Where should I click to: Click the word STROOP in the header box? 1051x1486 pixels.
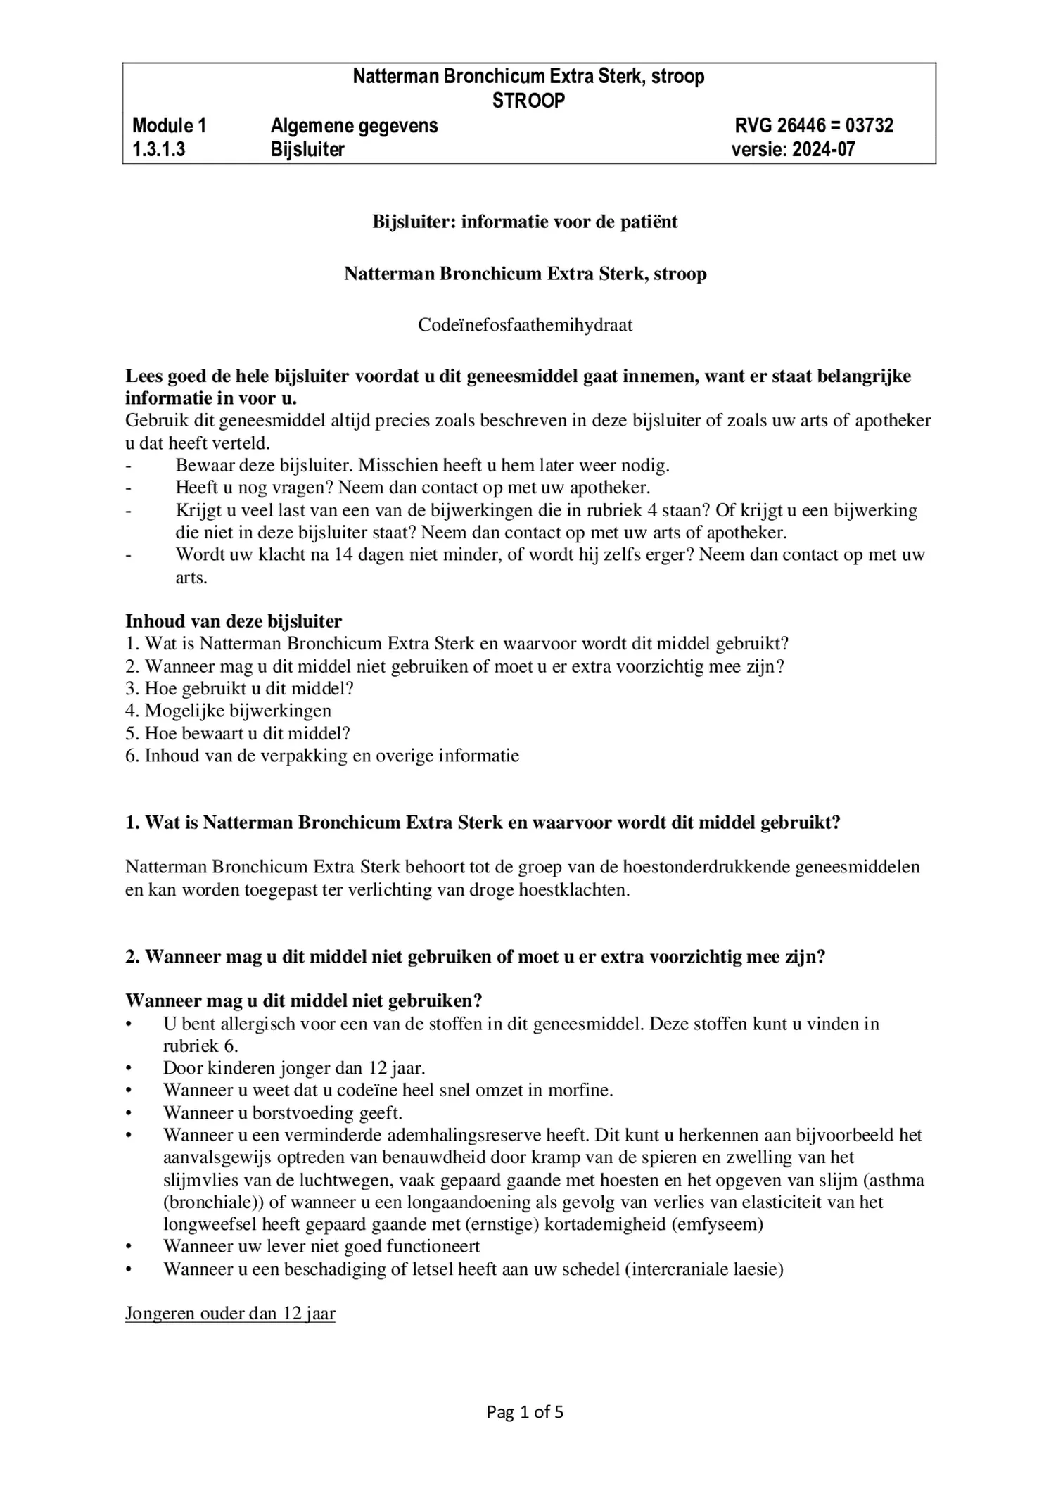click(x=528, y=101)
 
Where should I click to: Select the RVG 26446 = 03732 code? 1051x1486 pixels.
click(x=814, y=126)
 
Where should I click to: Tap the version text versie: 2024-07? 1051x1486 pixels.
click(x=793, y=150)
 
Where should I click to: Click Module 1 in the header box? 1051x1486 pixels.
click(x=170, y=126)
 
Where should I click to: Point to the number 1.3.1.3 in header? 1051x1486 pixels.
click(x=159, y=150)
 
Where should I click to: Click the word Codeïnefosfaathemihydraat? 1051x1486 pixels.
click(x=525, y=325)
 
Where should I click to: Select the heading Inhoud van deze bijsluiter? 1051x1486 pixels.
click(x=234, y=621)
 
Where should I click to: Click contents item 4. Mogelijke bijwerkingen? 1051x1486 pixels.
click(x=228, y=711)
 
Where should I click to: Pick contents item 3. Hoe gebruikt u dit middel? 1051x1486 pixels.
click(x=239, y=688)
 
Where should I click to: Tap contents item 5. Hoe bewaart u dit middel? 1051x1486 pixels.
click(x=238, y=733)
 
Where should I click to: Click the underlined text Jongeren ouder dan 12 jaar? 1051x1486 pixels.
click(x=230, y=1314)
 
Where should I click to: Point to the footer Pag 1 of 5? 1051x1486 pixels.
click(x=525, y=1412)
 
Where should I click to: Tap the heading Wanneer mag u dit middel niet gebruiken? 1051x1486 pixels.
click(x=303, y=1001)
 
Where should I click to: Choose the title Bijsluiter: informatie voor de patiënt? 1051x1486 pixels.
click(x=525, y=222)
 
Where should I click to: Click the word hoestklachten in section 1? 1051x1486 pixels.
click(x=572, y=889)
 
